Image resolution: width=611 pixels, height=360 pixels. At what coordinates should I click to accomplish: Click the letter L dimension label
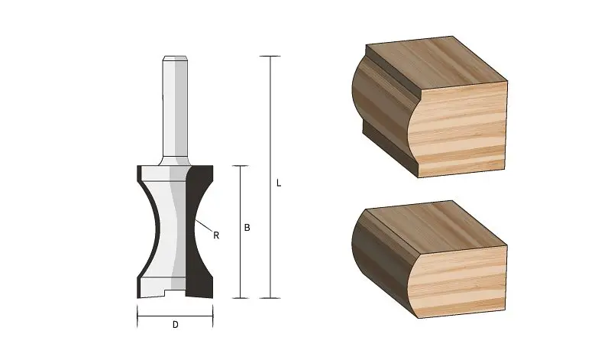click(x=279, y=183)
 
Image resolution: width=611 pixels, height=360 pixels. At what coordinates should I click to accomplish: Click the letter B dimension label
click(x=247, y=228)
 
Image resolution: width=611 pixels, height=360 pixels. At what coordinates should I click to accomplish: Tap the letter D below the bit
click(x=175, y=325)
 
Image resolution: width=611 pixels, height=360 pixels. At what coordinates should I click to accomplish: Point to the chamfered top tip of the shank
click(x=175, y=59)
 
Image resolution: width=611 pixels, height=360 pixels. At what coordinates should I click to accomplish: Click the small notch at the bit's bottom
click(x=175, y=294)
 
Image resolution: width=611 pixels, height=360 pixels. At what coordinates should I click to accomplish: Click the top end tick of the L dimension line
click(x=270, y=57)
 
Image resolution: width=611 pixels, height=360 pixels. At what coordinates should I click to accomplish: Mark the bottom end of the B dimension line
click(x=241, y=297)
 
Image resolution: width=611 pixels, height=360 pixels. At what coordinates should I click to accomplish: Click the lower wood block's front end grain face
click(x=462, y=279)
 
